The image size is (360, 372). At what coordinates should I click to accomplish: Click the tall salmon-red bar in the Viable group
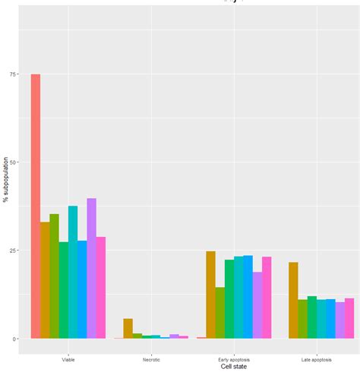point(35,206)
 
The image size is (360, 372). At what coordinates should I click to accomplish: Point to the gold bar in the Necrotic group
point(128,329)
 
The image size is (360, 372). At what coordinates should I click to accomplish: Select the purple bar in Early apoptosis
point(257,304)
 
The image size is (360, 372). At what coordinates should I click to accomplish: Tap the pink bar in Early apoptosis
point(267,297)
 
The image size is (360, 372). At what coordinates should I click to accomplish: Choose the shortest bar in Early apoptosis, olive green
point(220,312)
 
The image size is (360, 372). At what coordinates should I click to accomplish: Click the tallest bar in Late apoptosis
point(293,300)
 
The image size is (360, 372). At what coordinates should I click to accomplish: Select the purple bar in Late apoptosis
point(340,320)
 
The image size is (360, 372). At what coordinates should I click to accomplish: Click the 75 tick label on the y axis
point(14,74)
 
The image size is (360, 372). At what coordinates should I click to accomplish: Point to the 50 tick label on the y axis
point(14,162)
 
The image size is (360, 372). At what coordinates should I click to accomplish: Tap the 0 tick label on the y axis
point(16,339)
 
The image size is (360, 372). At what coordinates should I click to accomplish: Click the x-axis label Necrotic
point(151,358)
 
